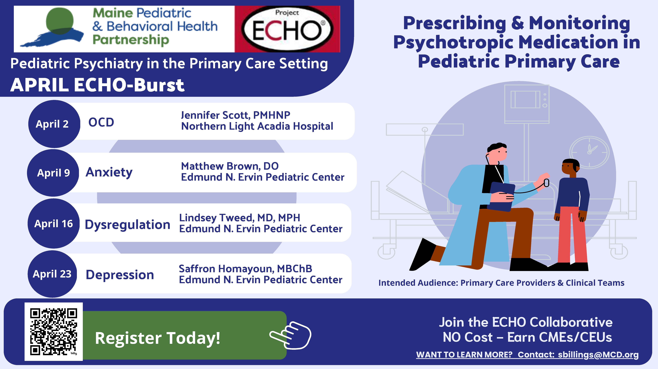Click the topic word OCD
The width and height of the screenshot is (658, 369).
[x=101, y=122]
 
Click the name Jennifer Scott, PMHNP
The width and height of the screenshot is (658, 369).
[x=236, y=115]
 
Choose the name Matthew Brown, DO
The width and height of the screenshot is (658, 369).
[x=230, y=166]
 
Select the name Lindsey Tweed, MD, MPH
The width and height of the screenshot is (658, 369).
[x=240, y=218]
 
